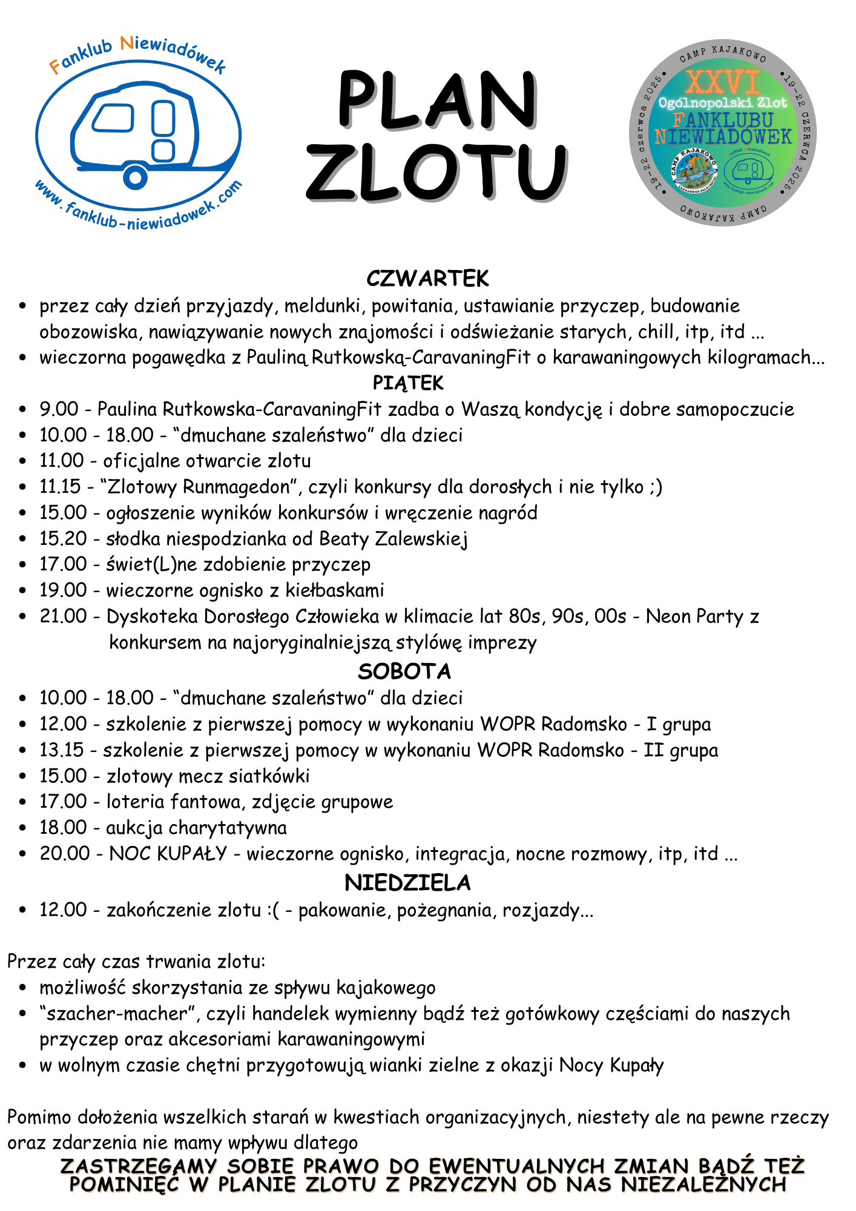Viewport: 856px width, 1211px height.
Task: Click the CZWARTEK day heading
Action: click(427, 279)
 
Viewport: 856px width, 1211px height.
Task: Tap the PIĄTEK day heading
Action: click(408, 383)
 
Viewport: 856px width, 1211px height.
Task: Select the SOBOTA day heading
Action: click(404, 671)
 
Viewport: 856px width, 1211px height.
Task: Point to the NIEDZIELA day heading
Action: click(407, 883)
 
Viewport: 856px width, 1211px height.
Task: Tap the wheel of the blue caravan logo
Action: click(135, 177)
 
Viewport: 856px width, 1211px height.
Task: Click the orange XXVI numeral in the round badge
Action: click(723, 81)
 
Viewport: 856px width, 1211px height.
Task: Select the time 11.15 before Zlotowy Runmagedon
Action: click(60, 487)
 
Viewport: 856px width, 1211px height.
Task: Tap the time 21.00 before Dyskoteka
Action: click(63, 616)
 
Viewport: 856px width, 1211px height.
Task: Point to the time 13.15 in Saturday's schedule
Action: click(61, 750)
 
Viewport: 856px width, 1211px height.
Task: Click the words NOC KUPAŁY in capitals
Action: click(168, 854)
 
